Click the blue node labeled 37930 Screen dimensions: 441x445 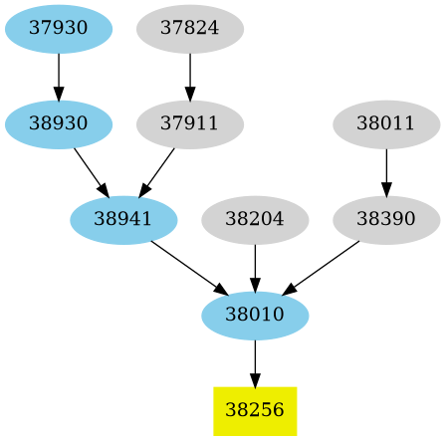click(x=58, y=29)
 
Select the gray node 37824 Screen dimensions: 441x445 click(x=189, y=29)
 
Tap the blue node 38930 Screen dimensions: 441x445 click(x=58, y=124)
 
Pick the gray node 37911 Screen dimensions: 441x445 click(x=189, y=124)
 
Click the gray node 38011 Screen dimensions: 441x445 click(x=385, y=124)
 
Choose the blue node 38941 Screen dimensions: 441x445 click(x=123, y=220)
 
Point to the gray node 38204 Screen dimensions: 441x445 click(x=255, y=220)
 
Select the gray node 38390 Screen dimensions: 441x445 click(x=385, y=220)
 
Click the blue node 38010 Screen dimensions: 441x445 click(x=255, y=316)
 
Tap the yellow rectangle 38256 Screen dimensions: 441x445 click(x=255, y=410)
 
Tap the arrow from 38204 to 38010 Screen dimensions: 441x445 click(x=255, y=268)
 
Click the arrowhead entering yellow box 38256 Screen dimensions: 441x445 click(x=255, y=379)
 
